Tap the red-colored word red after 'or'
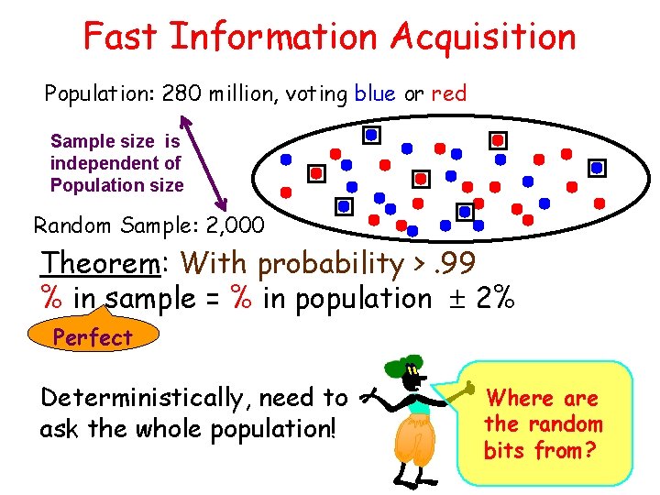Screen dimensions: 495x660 pos(449,93)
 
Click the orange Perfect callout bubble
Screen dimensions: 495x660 pos(92,336)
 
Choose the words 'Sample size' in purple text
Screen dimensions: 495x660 pos(104,142)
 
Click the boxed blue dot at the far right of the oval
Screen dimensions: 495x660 pos(597,169)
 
